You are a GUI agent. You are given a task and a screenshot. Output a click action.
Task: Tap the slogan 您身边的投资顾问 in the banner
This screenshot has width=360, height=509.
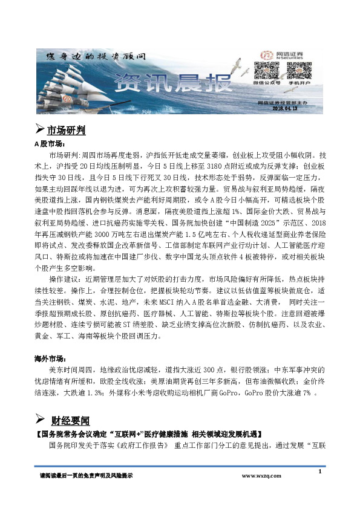[x=96, y=56]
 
